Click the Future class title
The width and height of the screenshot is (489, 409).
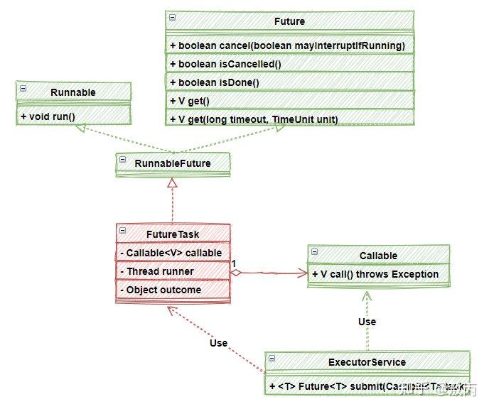[x=289, y=22]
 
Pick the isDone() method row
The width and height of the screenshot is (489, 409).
[x=215, y=82]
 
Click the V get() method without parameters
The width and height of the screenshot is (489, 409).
[x=190, y=101]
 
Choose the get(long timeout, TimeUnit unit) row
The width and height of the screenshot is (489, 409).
[x=254, y=119]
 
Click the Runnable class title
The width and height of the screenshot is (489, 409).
[x=73, y=92]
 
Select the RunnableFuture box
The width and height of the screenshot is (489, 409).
[x=173, y=163]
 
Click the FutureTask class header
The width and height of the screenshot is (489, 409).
[x=173, y=233]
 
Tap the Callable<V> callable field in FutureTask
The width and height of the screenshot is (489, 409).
[x=173, y=253]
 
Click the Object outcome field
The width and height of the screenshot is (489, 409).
[x=163, y=290]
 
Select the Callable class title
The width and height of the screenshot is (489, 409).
[x=378, y=255]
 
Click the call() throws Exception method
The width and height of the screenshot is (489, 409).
[x=375, y=274]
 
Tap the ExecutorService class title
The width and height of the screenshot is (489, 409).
[x=366, y=362]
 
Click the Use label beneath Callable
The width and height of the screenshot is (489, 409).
[x=367, y=322]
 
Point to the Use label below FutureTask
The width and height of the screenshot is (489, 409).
[x=219, y=343]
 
